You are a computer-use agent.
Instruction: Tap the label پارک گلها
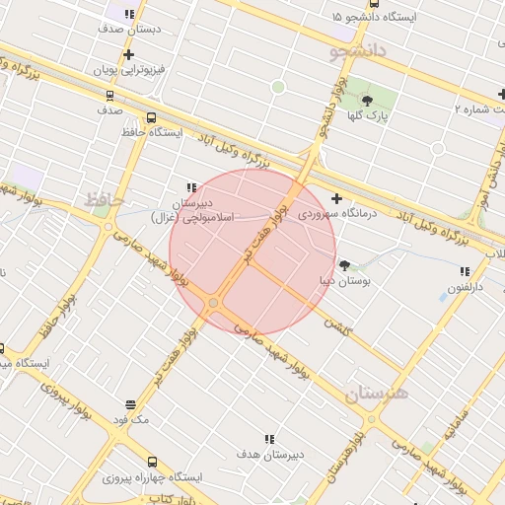[x=367, y=116]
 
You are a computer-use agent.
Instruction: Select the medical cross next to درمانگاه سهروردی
[x=337, y=197]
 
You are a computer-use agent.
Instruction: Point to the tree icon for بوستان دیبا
[x=344, y=265]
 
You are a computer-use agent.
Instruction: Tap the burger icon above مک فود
[x=130, y=403]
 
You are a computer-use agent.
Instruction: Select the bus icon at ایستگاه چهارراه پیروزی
[x=152, y=462]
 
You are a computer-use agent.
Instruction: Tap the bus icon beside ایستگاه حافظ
[x=150, y=117]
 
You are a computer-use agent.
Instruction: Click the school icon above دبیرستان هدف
[x=268, y=439]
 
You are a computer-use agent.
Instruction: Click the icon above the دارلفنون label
[x=463, y=271]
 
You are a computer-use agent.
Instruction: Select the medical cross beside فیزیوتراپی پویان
[x=128, y=54]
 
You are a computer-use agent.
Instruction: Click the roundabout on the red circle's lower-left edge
[x=213, y=303]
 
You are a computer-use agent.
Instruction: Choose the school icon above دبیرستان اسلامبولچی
[x=190, y=186]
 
